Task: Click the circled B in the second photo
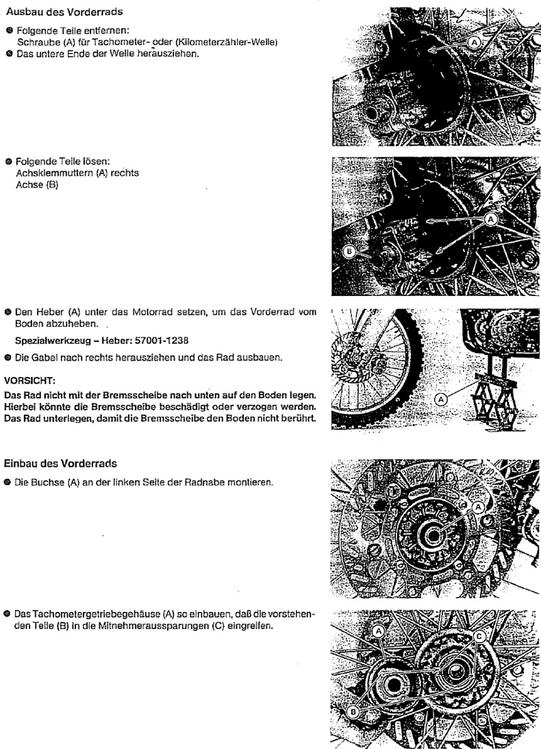(x=349, y=251)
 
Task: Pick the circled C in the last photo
(x=480, y=637)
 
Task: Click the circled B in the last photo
(x=353, y=712)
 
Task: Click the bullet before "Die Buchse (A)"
(x=8, y=480)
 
